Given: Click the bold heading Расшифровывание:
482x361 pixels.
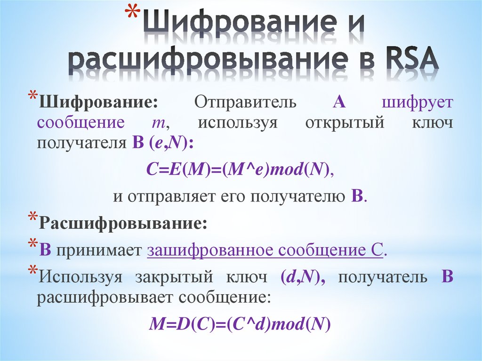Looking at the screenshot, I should click(x=123, y=223).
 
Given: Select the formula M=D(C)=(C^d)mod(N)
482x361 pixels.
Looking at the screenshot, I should click(x=241, y=324).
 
